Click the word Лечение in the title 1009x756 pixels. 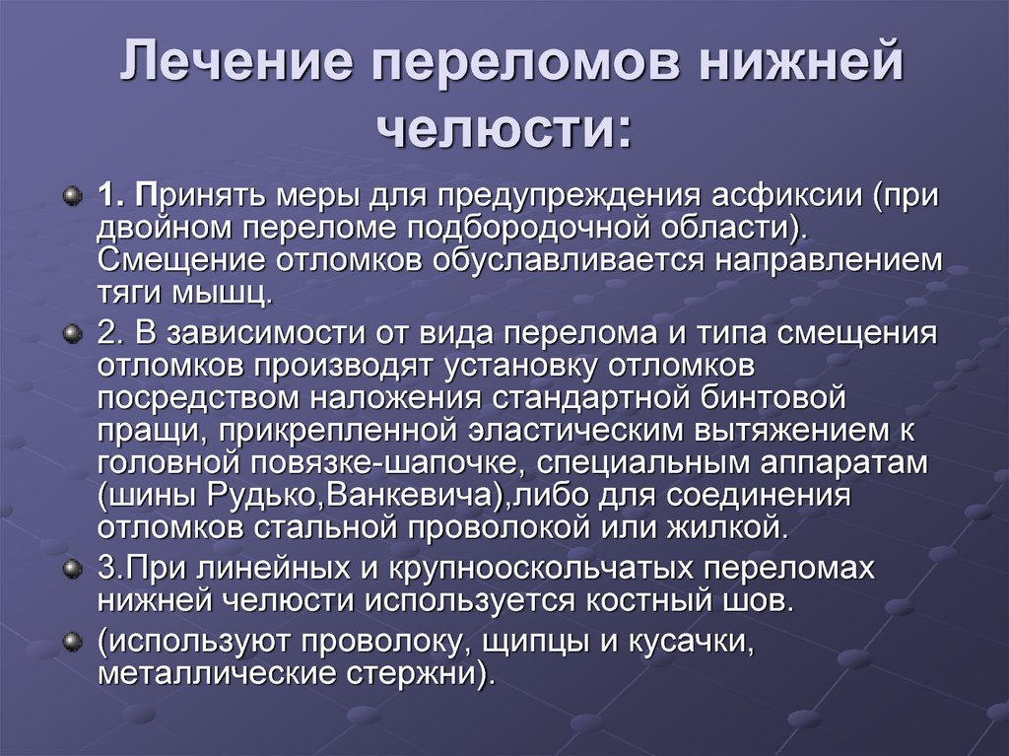pyautogui.click(x=236, y=62)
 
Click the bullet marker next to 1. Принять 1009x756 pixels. pyautogui.click(x=73, y=195)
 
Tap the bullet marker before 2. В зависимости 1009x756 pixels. pyautogui.click(x=73, y=333)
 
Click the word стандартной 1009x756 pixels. pyautogui.click(x=591, y=398)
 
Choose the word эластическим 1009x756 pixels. pyautogui.click(x=574, y=431)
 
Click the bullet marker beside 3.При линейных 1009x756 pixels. pyautogui.click(x=73, y=569)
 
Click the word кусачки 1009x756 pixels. pyautogui.click(x=691, y=642)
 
